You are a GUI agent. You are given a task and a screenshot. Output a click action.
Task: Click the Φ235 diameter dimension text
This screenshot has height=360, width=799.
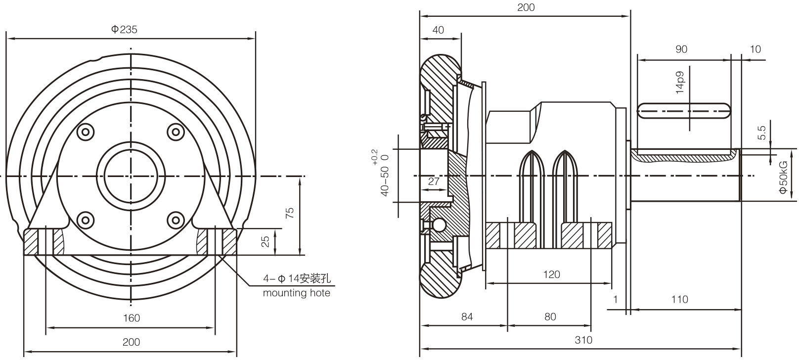point(124,30)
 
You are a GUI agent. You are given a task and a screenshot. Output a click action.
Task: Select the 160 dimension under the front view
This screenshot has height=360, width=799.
point(131,318)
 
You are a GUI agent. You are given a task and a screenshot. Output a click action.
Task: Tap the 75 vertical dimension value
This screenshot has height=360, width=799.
point(290,213)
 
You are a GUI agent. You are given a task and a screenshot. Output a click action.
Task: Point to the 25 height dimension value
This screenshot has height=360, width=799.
point(266,241)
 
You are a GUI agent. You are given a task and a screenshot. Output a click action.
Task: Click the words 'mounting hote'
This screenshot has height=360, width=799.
point(296,293)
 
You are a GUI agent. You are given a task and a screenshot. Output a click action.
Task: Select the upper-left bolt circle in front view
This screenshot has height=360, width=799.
point(85,132)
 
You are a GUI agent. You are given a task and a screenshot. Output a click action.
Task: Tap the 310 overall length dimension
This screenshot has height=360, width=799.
point(583,340)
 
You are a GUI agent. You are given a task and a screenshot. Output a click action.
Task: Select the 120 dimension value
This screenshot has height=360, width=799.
point(551,274)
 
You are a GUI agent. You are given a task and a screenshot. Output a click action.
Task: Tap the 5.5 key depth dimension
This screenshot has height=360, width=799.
point(762,133)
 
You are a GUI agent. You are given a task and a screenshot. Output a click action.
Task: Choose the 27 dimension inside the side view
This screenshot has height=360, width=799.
point(434,181)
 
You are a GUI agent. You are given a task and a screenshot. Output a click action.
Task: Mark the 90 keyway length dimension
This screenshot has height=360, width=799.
point(681,49)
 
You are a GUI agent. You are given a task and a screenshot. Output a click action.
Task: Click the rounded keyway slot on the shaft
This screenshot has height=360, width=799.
point(684,111)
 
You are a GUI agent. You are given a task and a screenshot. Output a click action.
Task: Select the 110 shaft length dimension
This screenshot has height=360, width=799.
point(680,300)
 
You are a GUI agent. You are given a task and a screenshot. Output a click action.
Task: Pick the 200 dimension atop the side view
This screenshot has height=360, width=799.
point(526,7)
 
